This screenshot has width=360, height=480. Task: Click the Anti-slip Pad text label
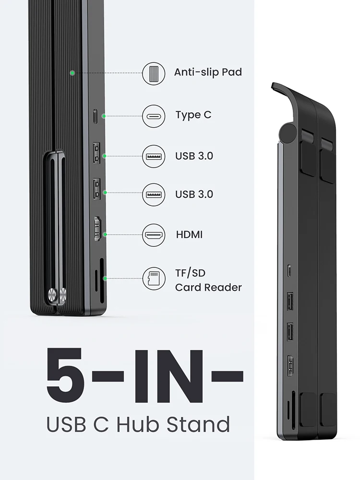(x=207, y=72)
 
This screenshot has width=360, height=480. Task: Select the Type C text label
(x=193, y=115)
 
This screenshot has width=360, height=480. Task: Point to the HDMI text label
(x=189, y=235)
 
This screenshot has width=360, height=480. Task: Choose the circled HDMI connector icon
(x=154, y=235)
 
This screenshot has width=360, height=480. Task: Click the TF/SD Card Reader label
(x=208, y=280)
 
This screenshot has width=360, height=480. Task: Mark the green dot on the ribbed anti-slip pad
(x=72, y=73)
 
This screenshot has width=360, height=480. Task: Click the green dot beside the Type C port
(x=104, y=116)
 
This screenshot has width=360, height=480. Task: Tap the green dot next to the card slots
(x=104, y=278)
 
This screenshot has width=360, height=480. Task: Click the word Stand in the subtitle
(x=198, y=425)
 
